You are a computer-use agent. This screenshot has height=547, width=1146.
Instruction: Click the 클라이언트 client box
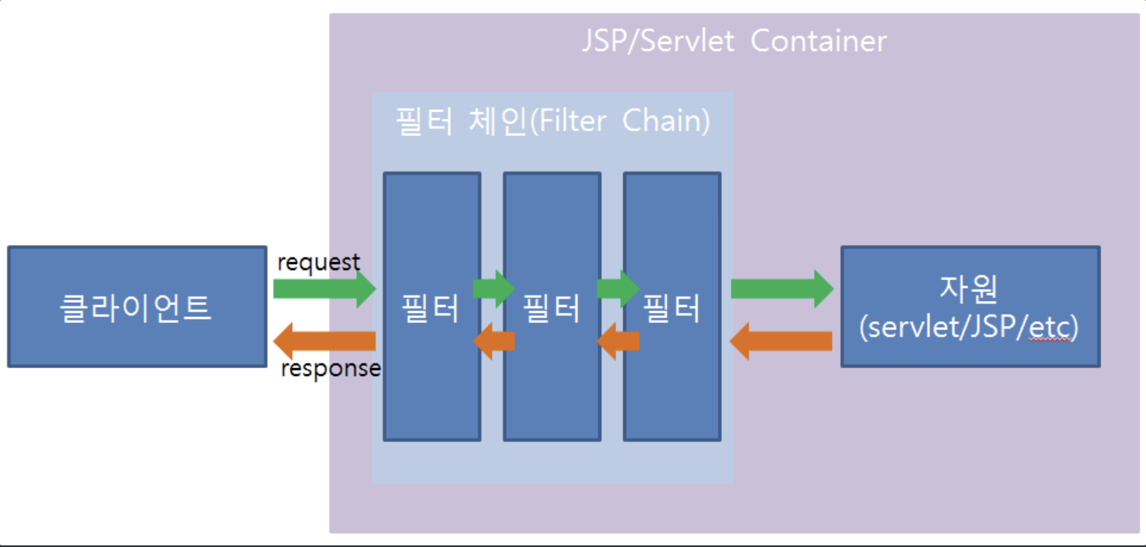[x=137, y=307]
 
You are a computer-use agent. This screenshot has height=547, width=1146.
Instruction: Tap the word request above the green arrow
[x=318, y=262]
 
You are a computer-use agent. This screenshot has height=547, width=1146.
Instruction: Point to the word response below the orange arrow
[x=330, y=369]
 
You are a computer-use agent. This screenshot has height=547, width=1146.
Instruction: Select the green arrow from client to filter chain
[x=324, y=289]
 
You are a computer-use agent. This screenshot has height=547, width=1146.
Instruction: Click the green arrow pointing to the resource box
[x=781, y=289]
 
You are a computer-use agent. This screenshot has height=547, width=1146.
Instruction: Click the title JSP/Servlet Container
[x=733, y=40]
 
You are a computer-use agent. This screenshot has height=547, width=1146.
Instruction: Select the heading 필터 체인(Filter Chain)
[x=552, y=121]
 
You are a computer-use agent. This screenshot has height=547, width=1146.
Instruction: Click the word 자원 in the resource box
[x=970, y=289]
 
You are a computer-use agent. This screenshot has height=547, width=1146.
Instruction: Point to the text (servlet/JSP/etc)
[x=970, y=328]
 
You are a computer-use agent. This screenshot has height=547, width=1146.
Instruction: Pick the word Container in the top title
[x=818, y=40]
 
